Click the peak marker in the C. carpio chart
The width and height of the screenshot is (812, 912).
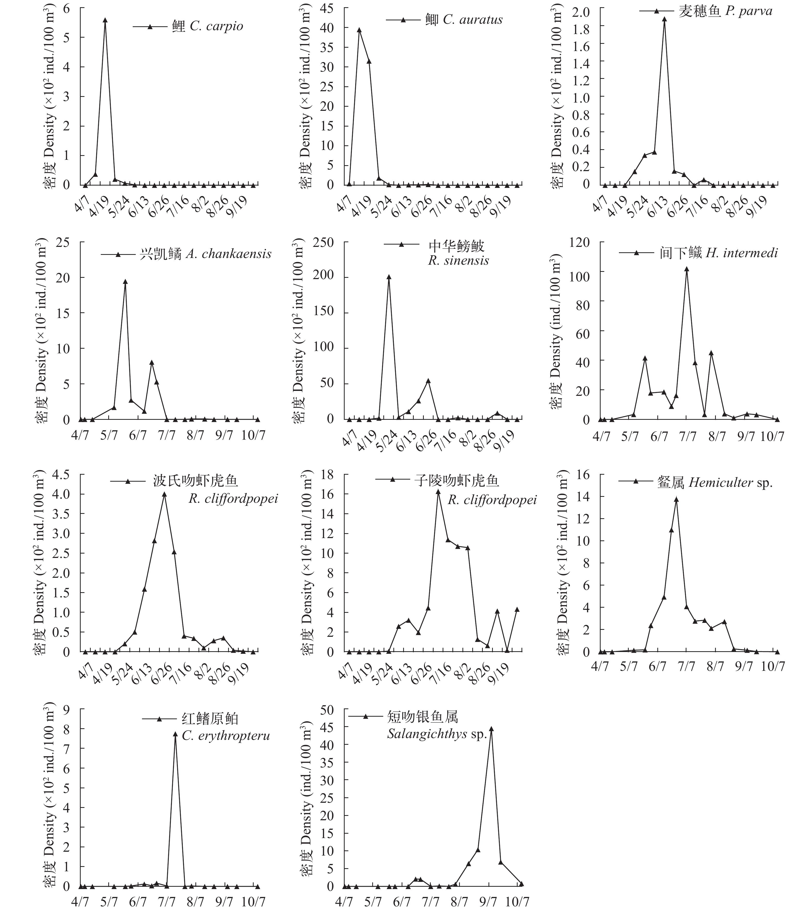point(105,20)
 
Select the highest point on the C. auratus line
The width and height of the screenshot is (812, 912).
point(359,30)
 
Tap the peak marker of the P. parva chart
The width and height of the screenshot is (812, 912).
point(664,19)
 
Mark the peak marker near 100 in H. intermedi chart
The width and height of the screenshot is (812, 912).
point(686,269)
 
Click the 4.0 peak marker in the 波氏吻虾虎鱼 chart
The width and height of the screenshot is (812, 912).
point(164,494)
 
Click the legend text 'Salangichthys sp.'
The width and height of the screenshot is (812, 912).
point(437,734)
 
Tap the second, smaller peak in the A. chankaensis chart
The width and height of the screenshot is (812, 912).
point(152,362)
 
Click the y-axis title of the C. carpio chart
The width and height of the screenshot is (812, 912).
point(50,96)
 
